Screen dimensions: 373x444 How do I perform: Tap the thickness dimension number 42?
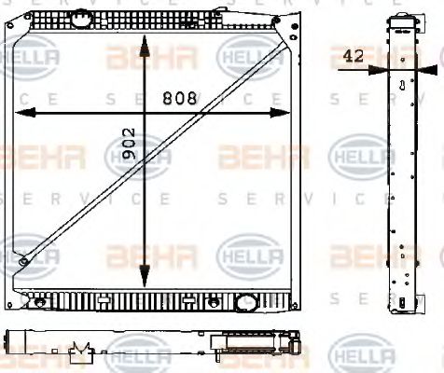click(x=354, y=56)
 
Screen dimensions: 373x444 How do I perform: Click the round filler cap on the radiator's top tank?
click(x=84, y=18)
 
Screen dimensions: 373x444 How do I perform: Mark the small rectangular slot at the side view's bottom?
click(x=402, y=300)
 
